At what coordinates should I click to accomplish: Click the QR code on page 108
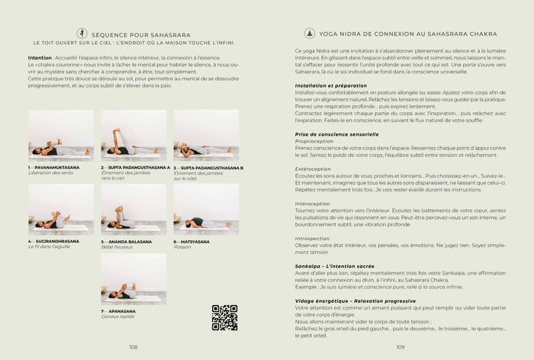tap(224, 317)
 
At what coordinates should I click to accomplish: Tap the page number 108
tap(133, 346)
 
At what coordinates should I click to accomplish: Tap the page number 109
tap(400, 346)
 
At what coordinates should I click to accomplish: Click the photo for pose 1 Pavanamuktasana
tap(61, 135)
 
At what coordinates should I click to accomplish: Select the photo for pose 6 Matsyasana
tap(206, 208)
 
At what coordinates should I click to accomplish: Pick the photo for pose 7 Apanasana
tap(133, 278)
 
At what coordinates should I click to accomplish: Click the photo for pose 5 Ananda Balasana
tap(133, 208)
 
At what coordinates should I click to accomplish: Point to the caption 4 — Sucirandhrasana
tap(54, 241)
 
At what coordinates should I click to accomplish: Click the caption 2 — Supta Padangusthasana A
tap(136, 167)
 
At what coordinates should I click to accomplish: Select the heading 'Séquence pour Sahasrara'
tap(135, 34)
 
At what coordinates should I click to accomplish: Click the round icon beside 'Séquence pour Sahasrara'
tap(82, 34)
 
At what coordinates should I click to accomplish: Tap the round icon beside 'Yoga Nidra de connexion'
tap(310, 34)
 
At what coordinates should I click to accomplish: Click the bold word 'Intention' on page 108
tap(40, 57)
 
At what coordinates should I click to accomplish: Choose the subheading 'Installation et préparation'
tap(332, 85)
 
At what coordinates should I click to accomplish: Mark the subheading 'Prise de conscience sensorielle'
tap(336, 134)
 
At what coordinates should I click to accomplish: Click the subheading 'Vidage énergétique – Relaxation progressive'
tap(351, 301)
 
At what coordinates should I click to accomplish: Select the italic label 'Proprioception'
tap(314, 141)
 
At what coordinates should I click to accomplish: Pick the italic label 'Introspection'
tap(312, 238)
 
